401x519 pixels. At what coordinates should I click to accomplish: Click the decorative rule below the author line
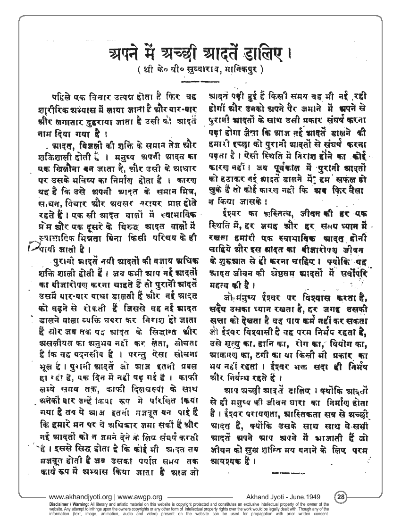click(200, 82)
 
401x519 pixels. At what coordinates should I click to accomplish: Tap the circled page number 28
click(341, 497)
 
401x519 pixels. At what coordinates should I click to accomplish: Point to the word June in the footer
click(298, 497)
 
